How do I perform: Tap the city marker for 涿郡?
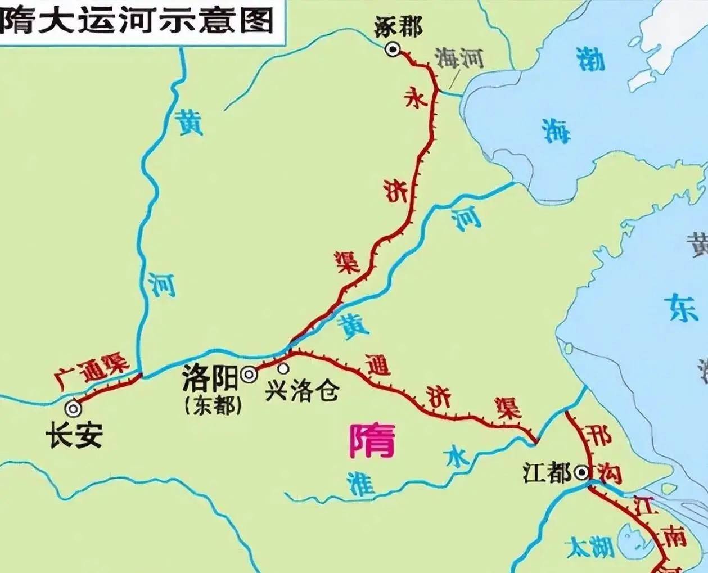click(x=392, y=50)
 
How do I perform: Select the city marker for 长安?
click(x=73, y=408)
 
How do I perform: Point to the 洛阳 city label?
click(x=210, y=380)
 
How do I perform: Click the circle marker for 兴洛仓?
click(x=283, y=369)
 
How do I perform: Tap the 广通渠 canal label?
click(x=93, y=371)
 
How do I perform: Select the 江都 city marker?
click(x=581, y=473)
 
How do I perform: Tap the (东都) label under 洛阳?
click(x=213, y=405)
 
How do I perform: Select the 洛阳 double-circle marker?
click(x=248, y=375)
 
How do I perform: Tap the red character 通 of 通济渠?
click(x=376, y=366)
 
